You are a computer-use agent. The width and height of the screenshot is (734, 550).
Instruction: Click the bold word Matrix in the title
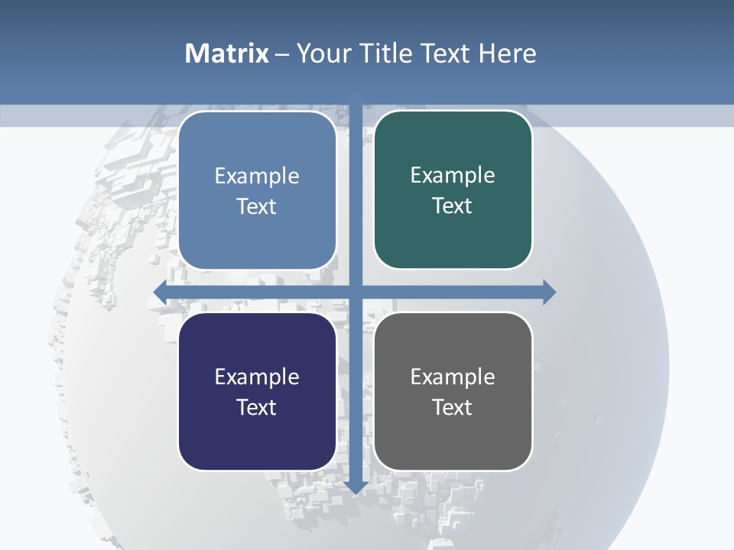[x=227, y=53]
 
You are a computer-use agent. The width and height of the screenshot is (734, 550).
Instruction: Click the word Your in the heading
[x=324, y=53]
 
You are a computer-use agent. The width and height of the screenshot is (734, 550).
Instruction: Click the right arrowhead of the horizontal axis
[x=549, y=292]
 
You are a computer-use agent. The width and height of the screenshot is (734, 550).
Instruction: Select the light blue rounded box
[x=257, y=190]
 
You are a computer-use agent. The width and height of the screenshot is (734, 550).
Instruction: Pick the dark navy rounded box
[x=257, y=391]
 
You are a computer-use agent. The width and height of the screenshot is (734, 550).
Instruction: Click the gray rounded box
[x=453, y=391]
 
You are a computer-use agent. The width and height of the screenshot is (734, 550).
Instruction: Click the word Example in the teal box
[x=453, y=175]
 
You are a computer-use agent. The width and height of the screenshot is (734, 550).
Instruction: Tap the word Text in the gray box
[x=453, y=407]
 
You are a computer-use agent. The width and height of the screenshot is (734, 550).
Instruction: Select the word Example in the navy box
[x=257, y=377]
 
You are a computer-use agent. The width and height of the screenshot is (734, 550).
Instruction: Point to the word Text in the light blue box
[x=257, y=206]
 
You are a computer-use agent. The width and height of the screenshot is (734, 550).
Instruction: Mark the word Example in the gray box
[x=453, y=377]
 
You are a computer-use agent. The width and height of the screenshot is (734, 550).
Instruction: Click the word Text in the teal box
[x=453, y=205]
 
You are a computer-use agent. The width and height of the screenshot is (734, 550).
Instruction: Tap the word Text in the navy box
[x=257, y=407]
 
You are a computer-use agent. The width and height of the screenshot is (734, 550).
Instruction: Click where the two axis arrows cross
[x=356, y=292]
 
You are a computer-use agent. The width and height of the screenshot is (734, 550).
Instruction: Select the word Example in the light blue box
[x=257, y=176]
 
